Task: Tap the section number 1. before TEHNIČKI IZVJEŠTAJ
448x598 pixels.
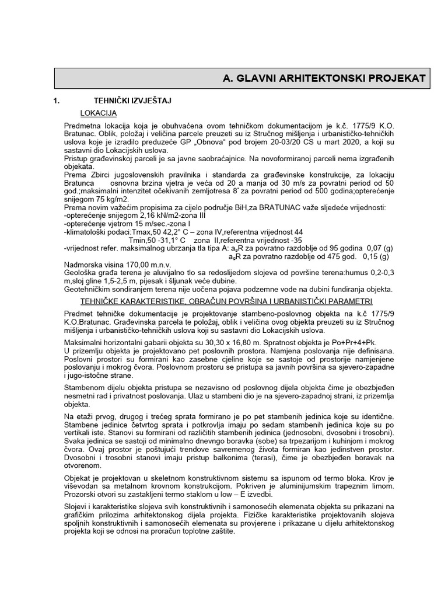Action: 57,100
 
